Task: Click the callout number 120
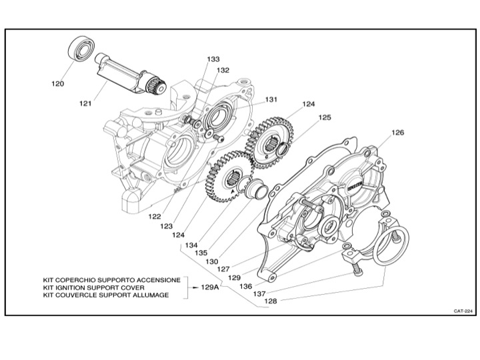click(x=58, y=84)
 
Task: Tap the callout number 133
click(x=213, y=59)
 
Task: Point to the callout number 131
click(x=270, y=99)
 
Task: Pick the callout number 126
click(x=397, y=133)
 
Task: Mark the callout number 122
click(x=155, y=217)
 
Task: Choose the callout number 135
click(x=201, y=253)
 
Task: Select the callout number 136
click(x=245, y=286)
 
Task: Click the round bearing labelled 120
click(x=79, y=51)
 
